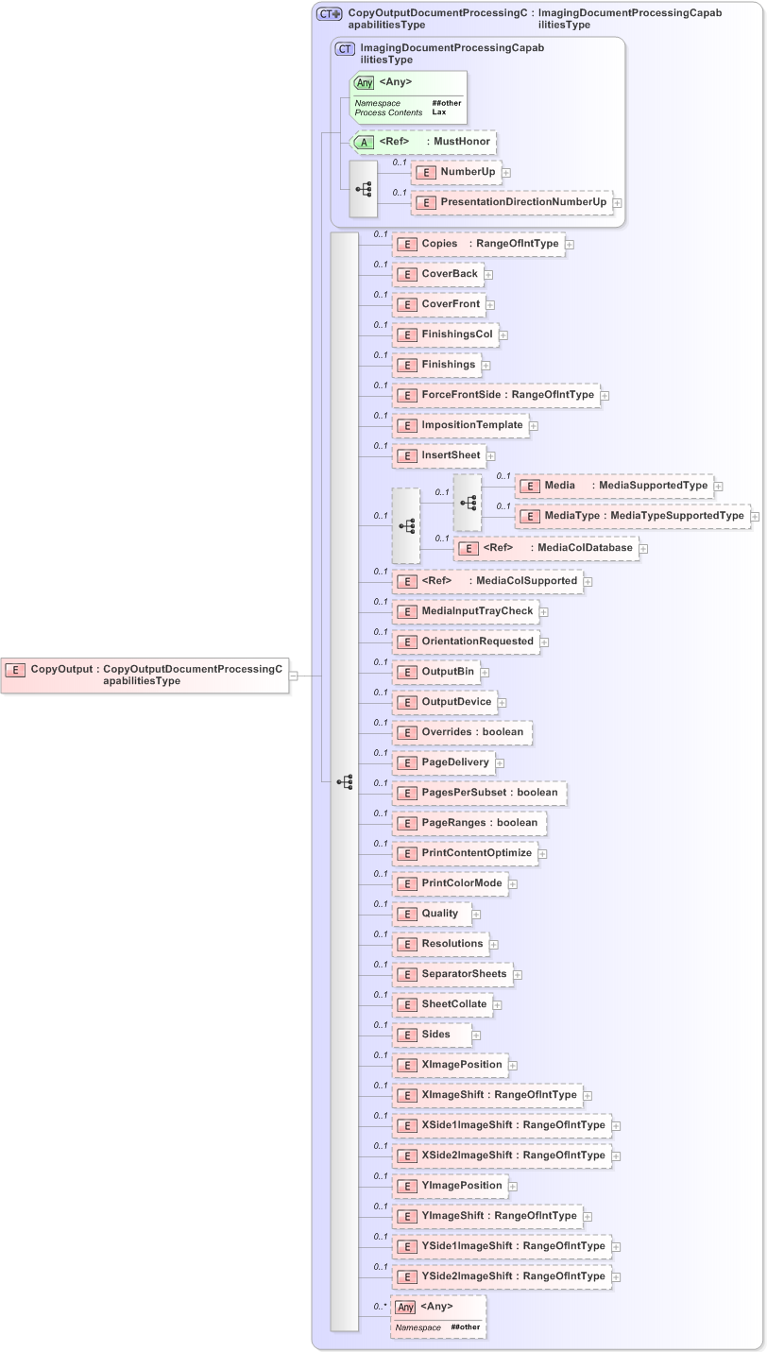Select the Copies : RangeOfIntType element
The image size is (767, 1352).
pos(479,244)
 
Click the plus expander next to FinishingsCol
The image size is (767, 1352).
pos(504,335)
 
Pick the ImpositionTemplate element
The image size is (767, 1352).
pos(460,425)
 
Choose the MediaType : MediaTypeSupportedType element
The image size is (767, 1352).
pos(632,516)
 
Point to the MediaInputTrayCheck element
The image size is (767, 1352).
pos(466,611)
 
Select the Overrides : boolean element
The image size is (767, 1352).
pos(462,732)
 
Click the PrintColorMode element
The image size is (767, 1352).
pos(450,883)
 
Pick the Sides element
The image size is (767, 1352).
pos(432,1035)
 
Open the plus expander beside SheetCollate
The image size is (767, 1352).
pos(498,1005)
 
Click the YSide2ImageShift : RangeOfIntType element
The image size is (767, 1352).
pos(502,1276)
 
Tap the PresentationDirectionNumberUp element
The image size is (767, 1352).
pos(513,202)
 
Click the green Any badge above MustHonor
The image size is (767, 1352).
pos(365,83)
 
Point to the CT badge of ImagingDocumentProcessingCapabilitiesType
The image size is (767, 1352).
pos(347,49)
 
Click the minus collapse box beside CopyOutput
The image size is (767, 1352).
pos(294,676)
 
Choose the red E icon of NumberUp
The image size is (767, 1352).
pos(426,173)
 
